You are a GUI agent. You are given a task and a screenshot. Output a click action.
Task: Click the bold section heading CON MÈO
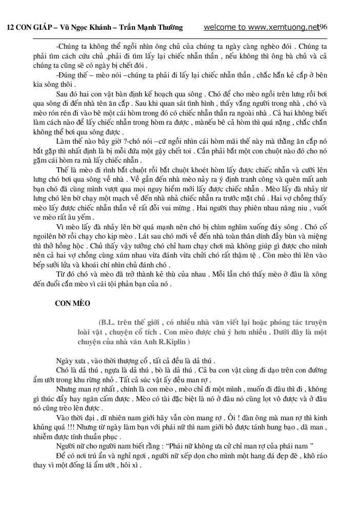(72, 303)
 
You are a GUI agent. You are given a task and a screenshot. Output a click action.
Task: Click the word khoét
(167, 169)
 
